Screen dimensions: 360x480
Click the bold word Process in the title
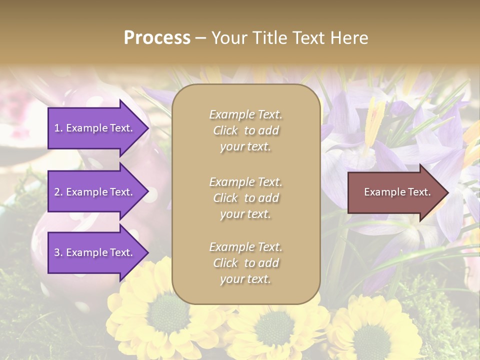pos(157,38)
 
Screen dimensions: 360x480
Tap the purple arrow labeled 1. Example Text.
pos(95,128)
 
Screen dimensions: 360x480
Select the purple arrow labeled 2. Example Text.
pos(95,192)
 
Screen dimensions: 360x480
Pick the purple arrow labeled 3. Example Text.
pos(95,252)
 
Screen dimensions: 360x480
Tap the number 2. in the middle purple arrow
pos(58,192)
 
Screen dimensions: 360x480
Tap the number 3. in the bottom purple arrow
pos(58,252)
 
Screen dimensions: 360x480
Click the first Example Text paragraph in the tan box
pos(246,130)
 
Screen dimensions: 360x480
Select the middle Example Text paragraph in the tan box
pos(246,198)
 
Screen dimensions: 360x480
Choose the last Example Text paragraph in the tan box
pos(246,263)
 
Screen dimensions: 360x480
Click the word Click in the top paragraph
pos(225,130)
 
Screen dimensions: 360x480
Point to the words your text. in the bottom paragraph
pos(245,279)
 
